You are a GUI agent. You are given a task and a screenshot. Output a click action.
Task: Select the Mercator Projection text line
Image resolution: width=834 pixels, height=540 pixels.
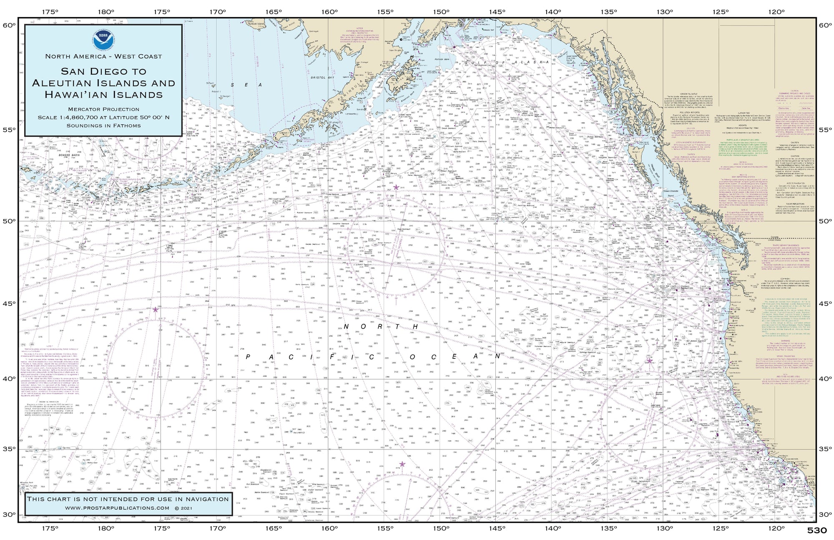coord(103,109)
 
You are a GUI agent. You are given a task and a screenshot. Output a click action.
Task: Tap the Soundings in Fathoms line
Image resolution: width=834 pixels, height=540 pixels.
coord(103,125)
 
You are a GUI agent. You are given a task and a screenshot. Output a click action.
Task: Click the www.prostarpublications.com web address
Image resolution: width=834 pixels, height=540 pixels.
coord(118,508)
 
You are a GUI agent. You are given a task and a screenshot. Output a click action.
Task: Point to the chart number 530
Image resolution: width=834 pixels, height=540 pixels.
coord(817,530)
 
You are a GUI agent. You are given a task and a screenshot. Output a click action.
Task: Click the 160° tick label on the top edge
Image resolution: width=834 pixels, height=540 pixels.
coord(329,12)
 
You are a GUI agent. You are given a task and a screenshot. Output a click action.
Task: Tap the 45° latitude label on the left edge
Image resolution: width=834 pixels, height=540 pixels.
coord(9,303)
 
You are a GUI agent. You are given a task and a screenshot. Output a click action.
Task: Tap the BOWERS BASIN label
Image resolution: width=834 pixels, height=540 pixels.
coord(58,154)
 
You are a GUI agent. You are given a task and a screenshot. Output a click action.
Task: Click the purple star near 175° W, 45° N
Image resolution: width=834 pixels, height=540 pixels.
coord(156,310)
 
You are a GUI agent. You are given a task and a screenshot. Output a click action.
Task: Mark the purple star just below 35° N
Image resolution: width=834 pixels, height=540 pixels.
coord(402,464)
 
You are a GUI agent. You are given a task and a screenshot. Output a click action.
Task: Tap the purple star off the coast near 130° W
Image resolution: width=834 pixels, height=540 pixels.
coord(649,361)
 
